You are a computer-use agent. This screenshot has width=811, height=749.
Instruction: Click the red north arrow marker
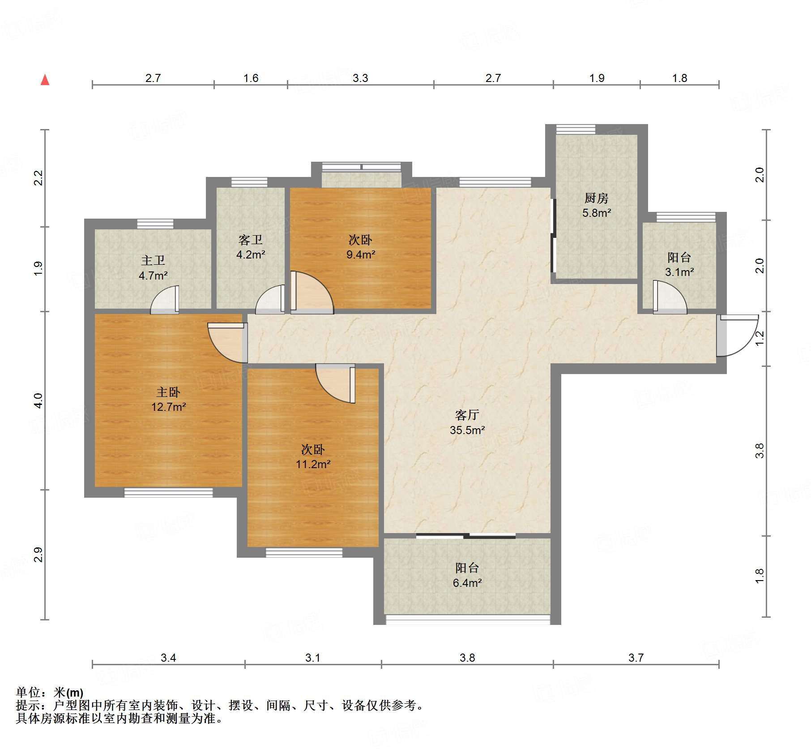45,80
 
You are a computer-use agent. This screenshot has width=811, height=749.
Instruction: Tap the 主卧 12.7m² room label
168,400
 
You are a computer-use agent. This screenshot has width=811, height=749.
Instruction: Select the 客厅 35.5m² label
467,422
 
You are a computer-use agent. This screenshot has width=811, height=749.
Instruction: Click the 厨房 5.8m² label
597,205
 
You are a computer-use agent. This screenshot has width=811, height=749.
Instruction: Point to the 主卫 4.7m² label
153,268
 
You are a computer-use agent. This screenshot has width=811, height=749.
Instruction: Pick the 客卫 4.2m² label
251,247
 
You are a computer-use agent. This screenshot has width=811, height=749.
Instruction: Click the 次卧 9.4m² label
361,247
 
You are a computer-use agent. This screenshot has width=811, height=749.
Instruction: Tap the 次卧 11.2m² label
313,457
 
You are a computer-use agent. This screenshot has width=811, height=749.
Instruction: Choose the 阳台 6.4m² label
467,575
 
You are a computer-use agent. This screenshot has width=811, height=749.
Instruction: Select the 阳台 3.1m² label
679,264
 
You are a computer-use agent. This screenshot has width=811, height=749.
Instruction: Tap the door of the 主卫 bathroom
165,300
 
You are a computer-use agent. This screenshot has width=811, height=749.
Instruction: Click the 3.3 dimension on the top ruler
360,78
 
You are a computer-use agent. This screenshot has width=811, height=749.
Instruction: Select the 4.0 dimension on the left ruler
38,400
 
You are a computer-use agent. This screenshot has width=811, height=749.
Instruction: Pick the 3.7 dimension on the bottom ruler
636,658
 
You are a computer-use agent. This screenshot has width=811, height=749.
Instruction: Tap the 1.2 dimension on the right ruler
760,338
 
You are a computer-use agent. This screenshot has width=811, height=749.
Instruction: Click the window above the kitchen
576,129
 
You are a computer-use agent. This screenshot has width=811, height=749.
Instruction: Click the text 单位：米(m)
50,693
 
